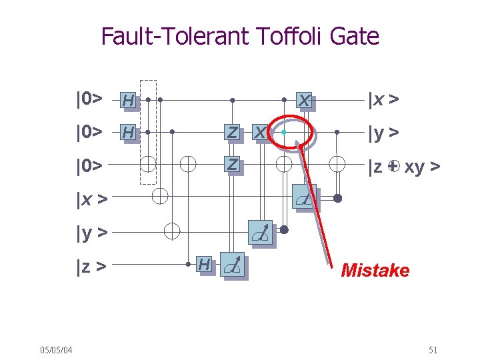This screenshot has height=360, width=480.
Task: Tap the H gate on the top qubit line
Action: pyautogui.click(x=128, y=101)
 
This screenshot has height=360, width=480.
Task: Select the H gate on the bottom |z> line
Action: pyautogui.click(x=205, y=265)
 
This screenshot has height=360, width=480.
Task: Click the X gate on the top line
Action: pyautogui.click(x=304, y=101)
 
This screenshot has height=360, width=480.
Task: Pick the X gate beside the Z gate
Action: pyautogui.click(x=261, y=133)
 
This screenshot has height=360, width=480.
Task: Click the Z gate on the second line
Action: pyautogui.click(x=231, y=133)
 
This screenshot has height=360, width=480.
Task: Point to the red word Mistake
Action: pyautogui.click(x=375, y=270)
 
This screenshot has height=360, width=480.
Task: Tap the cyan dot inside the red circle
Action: pyautogui.click(x=283, y=133)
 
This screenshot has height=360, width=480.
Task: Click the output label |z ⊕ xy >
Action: pyautogui.click(x=403, y=167)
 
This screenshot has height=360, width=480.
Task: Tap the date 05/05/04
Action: pyautogui.click(x=56, y=350)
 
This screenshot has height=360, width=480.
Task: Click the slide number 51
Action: pyautogui.click(x=433, y=350)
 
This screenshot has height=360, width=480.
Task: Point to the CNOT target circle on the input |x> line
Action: pyautogui.click(x=160, y=196)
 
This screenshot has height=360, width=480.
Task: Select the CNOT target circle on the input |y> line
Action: pyautogui.click(x=173, y=231)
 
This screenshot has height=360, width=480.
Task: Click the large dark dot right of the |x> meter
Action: pyautogui.click(x=337, y=198)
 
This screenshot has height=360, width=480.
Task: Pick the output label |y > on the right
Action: pyautogui.click(x=384, y=133)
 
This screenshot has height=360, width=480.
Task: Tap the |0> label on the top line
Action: pyautogui.click(x=89, y=100)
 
